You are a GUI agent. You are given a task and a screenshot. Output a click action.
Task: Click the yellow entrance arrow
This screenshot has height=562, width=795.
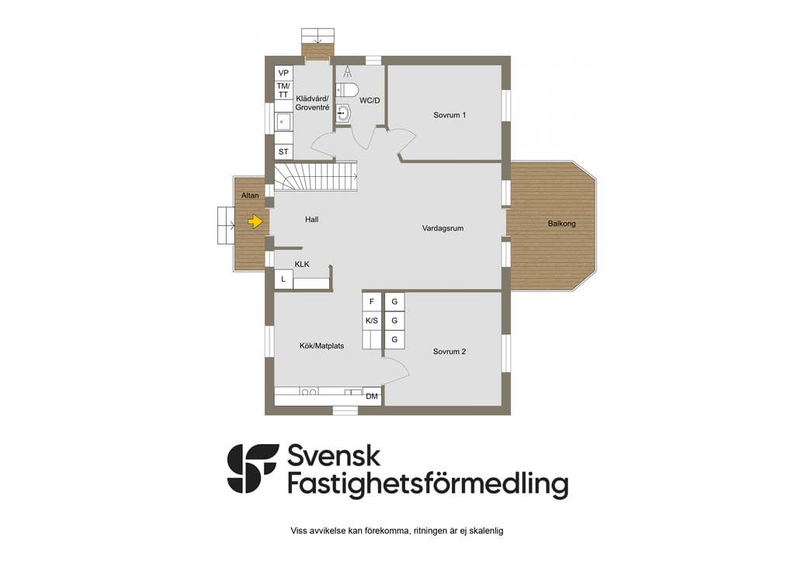[255, 221]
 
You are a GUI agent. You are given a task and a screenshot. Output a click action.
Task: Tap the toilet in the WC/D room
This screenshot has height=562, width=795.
[347, 90]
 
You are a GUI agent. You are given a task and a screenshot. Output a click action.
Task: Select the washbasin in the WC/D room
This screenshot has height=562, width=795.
[344, 113]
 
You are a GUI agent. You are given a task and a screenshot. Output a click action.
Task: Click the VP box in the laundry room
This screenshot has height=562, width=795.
[283, 73]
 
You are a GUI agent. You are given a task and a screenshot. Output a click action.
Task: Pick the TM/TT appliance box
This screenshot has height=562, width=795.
[283, 90]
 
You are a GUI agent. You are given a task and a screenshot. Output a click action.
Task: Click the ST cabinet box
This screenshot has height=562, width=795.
[283, 151]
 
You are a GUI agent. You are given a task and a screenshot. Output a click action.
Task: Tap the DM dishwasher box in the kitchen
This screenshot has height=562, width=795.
[372, 397]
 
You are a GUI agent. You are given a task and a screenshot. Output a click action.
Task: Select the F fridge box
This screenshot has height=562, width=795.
[372, 301]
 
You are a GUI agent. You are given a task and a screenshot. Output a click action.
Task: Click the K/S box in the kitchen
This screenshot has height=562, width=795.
[372, 321]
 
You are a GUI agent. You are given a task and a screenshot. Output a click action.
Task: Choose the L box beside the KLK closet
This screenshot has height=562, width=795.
[283, 279]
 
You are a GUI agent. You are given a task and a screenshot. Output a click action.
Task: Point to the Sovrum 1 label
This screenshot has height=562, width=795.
[450, 115]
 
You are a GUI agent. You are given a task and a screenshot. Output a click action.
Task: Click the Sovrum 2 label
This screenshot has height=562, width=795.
[450, 351]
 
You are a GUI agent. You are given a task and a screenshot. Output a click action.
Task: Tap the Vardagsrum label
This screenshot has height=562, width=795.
[443, 228]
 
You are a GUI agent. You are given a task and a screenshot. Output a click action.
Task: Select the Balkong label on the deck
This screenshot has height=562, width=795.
[562, 224]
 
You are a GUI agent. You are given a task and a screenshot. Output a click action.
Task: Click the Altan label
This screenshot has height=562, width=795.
[250, 195]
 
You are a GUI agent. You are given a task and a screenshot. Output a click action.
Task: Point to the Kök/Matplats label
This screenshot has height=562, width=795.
[321, 345]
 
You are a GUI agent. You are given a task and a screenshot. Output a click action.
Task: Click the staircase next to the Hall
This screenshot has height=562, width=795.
[317, 176]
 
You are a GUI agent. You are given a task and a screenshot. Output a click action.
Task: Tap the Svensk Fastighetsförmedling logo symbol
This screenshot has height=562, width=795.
[253, 469]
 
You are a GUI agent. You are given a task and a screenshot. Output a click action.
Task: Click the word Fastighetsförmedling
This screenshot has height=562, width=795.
[428, 484]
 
